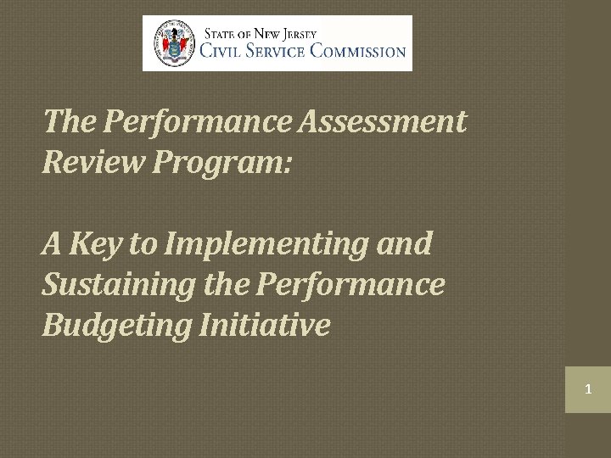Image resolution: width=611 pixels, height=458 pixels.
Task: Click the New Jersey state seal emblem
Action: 173,42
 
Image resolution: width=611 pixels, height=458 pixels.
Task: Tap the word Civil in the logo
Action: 221,51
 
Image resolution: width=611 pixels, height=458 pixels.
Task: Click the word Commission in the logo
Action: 357,51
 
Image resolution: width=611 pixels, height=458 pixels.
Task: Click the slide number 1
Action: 587,390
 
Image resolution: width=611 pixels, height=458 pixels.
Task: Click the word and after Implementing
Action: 406,244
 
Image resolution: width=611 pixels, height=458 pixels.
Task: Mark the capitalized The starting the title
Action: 70,123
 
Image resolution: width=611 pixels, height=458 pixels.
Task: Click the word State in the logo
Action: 218,34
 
